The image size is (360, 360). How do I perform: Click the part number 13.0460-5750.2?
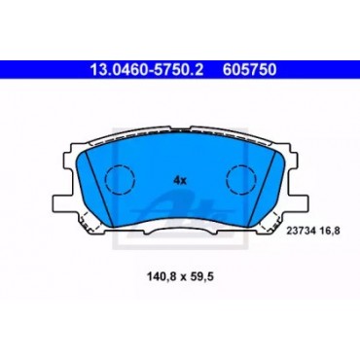point(146,70)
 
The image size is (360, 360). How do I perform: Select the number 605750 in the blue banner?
point(249,70)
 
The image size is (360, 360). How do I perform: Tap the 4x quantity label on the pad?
point(180,180)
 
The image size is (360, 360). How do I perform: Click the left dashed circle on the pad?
point(120,179)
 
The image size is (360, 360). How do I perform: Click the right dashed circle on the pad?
point(241,179)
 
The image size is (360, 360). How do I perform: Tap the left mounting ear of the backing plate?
point(61,203)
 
